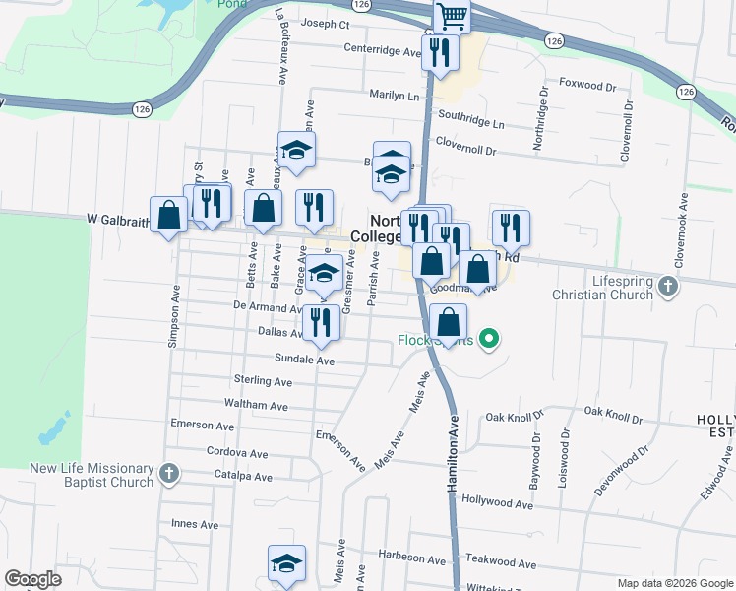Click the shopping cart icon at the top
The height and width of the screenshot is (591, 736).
tap(452, 14)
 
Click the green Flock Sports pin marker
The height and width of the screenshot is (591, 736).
tap(488, 341)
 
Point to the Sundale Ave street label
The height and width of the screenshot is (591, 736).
tap(305, 361)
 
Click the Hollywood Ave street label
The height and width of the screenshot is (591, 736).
tap(497, 503)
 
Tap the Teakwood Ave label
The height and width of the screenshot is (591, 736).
tap(502, 563)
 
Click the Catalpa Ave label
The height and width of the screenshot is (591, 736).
tap(244, 476)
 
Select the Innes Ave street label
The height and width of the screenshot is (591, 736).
tap(195, 524)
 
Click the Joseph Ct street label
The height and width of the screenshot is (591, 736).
tap(326, 23)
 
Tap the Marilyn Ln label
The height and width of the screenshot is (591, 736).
tap(380, 96)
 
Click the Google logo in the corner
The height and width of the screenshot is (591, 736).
tap(32, 579)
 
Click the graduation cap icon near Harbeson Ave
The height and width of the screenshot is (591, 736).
tap(287, 563)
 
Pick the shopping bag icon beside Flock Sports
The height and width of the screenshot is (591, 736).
tap(448, 321)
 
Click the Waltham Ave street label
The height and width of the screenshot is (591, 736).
tap(256, 405)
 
